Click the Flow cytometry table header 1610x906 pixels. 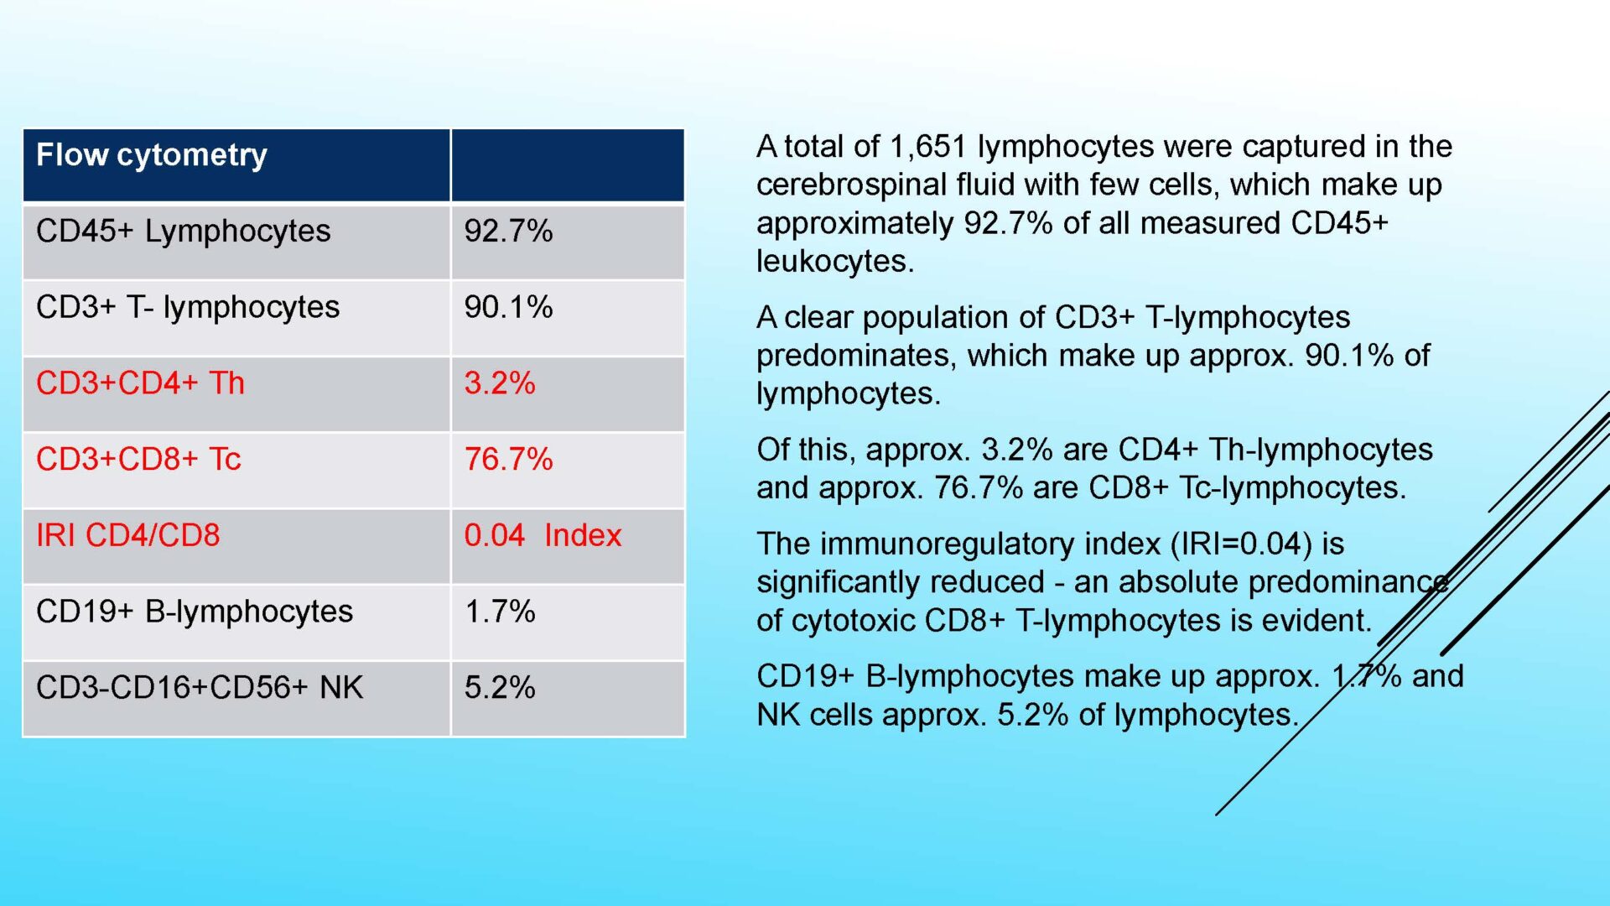point(152,156)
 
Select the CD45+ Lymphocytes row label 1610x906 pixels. point(183,232)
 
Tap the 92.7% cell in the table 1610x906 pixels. point(508,232)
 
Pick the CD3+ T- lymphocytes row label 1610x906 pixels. point(188,308)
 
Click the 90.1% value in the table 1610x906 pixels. point(508,308)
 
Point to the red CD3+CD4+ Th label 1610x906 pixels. point(140,383)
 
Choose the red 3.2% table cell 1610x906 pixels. point(500,383)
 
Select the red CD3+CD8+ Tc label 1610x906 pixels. point(138,460)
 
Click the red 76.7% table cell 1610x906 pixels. point(508,460)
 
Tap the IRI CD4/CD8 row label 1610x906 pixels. point(127,536)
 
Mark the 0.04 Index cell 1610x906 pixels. point(543,536)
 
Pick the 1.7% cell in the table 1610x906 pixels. point(500,612)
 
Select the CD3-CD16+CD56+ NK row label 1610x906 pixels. point(200,688)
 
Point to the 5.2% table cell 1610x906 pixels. point(500,688)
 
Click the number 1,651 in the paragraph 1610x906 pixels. point(928,148)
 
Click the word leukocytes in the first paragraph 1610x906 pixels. point(835,262)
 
